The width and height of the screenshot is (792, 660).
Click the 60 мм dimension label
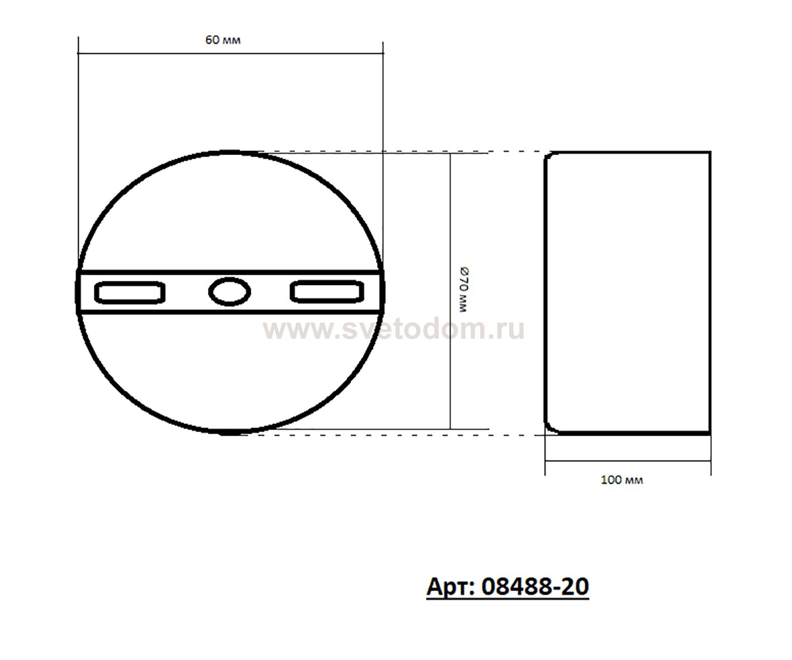pyautogui.click(x=222, y=40)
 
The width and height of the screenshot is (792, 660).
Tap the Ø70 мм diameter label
pyautogui.click(x=464, y=289)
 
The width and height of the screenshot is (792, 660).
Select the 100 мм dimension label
pyautogui.click(x=622, y=480)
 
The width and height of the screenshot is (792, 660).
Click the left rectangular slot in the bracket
pyautogui.click(x=130, y=292)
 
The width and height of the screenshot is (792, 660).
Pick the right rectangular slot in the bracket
pyautogui.click(x=327, y=291)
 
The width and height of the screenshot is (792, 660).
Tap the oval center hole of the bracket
pyautogui.click(x=230, y=291)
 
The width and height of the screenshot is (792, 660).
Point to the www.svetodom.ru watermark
pyautogui.click(x=393, y=329)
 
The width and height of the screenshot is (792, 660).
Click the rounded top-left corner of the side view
pyautogui.click(x=547, y=156)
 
